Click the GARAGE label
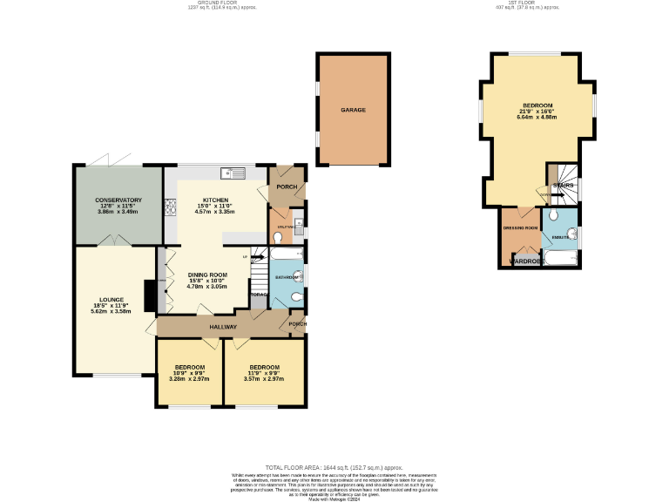point(353,111)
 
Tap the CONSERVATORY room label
point(118,200)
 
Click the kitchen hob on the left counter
point(171,207)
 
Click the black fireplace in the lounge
point(151,295)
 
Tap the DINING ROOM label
point(206,275)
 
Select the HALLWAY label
point(223,327)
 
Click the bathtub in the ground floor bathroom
point(285,254)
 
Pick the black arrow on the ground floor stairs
point(258,258)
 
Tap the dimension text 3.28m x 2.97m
point(189,378)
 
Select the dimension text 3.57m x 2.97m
point(264,378)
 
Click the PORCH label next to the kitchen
point(287,187)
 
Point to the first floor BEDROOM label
point(537,105)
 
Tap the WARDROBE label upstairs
point(527,261)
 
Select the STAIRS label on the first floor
point(562,186)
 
